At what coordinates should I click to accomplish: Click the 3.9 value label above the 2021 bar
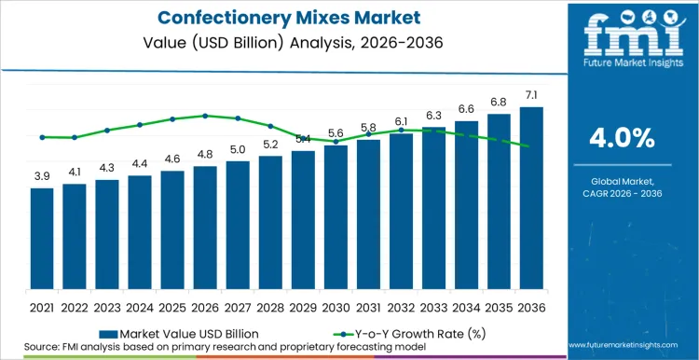42,176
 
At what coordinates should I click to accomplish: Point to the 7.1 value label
531,95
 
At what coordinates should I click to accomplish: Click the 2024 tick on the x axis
140,307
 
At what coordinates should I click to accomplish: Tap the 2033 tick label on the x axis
433,307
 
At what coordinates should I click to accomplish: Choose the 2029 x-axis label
303,307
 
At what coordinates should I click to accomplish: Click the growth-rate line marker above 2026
205,116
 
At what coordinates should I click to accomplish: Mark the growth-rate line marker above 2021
42,137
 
